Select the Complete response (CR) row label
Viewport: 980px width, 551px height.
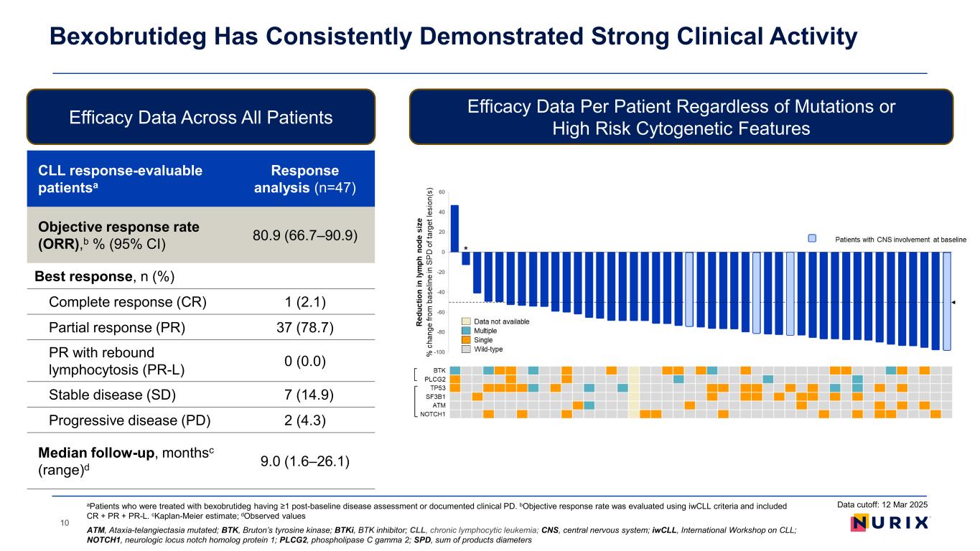127,301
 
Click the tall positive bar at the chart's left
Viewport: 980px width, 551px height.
454,228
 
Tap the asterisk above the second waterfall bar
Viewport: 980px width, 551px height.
466,248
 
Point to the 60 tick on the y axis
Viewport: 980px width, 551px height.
442,192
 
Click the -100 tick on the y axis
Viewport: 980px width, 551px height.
439,352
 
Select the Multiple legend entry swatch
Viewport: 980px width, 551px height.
466,331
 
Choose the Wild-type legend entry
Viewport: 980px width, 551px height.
487,349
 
